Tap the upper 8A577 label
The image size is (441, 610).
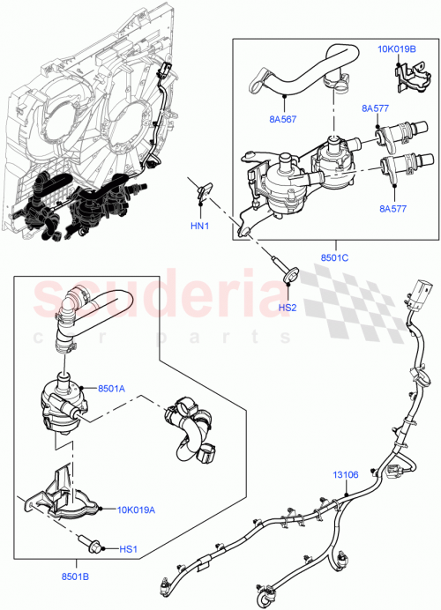point(374,108)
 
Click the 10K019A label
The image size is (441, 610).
point(138,509)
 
